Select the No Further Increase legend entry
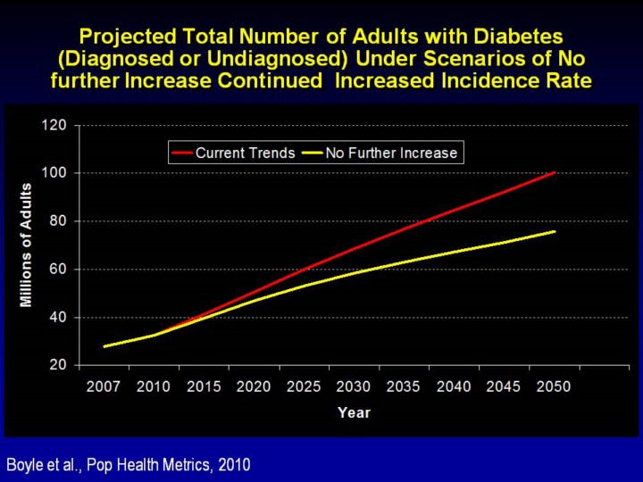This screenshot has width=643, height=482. [391, 153]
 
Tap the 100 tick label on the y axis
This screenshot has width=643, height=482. [55, 173]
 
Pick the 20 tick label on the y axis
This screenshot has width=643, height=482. [58, 365]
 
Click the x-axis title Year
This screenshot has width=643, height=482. [354, 412]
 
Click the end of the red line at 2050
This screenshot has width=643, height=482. [555, 172]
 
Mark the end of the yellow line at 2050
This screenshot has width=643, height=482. [555, 231]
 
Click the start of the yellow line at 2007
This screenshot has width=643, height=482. [104, 346]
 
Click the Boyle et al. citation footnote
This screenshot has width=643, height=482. [129, 464]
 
